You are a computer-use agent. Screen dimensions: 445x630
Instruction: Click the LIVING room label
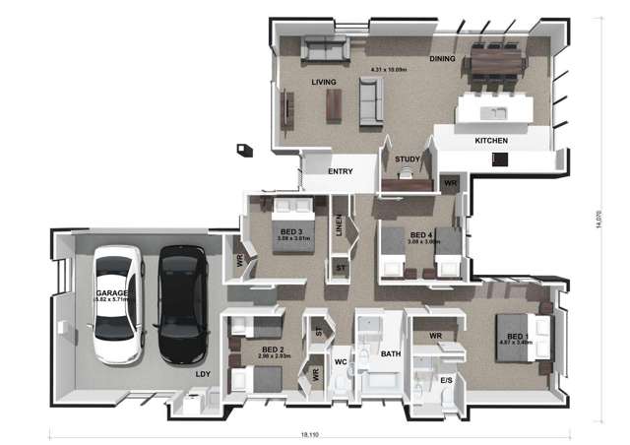coord(324,82)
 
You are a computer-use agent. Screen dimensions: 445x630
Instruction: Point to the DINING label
coord(442,60)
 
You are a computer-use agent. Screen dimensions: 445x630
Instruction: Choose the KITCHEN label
coord(491,141)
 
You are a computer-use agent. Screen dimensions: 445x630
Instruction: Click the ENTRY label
coord(341,171)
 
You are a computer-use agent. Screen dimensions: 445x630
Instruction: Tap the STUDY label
coord(407,159)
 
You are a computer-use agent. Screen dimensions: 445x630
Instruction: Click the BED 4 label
coord(421,234)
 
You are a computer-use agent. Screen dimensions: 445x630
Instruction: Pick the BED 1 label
coord(517,337)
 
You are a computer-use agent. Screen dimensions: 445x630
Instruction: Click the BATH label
coord(391,353)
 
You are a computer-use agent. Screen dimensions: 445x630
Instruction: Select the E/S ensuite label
coord(446,379)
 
